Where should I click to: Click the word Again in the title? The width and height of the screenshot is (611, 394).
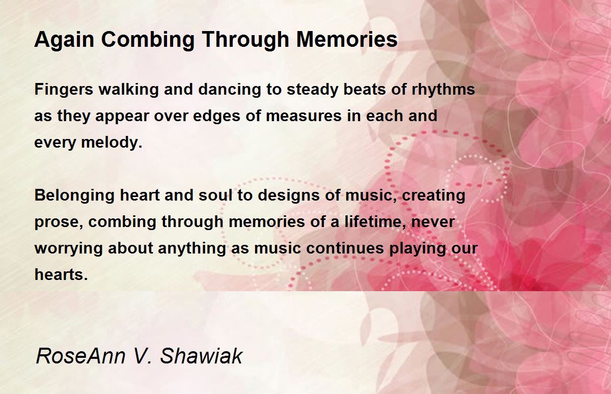[64, 40]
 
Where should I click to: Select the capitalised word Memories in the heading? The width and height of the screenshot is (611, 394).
[347, 40]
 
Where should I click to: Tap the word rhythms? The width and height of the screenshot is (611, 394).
[443, 89]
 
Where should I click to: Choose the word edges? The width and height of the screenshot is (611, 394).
[216, 117]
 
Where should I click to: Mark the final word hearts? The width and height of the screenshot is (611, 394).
[61, 274]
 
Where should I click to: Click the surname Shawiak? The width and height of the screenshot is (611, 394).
[201, 356]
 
